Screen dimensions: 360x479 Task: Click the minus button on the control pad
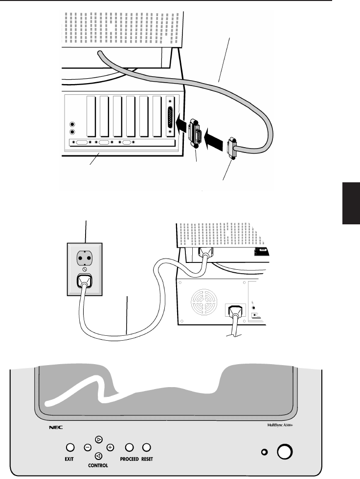pyautogui.click(x=88, y=447)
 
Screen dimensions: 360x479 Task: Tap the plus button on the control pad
pyautogui.click(x=110, y=447)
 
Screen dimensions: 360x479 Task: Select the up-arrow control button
pyautogui.click(x=99, y=439)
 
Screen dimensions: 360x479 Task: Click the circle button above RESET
pyautogui.click(x=146, y=447)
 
